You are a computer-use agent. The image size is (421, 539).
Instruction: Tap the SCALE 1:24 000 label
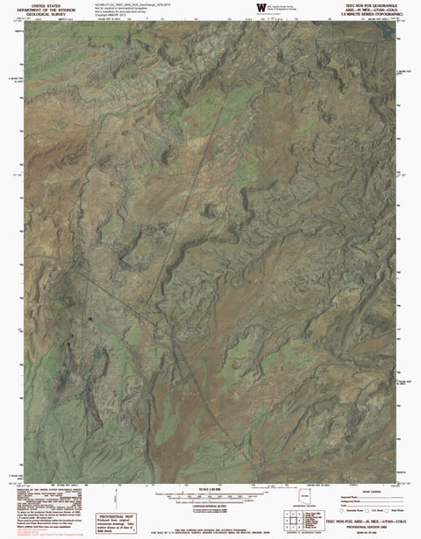(x=210, y=489)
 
